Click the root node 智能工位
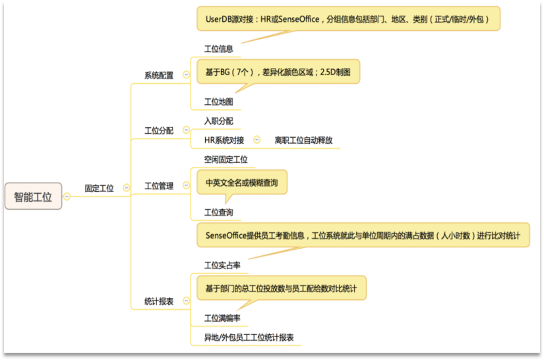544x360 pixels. tap(34, 196)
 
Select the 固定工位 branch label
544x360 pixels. tap(99, 189)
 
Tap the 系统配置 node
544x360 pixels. tap(159, 75)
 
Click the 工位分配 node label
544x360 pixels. tap(159, 131)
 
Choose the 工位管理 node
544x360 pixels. tap(159, 186)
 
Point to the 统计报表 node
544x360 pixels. tap(159, 301)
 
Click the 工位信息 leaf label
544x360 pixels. tap(218, 49)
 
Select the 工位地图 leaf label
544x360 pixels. tap(218, 102)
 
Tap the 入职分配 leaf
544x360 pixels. tap(218, 121)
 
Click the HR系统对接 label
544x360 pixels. tap(224, 140)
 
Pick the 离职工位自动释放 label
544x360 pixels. tap(303, 140)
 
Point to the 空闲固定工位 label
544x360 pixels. tap(226, 160)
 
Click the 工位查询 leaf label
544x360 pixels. tap(218, 212)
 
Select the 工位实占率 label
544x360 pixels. tap(222, 265)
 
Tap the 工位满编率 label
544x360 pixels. tap(222, 318)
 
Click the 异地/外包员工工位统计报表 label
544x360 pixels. tap(249, 338)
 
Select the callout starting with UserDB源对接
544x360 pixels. tap(348, 18)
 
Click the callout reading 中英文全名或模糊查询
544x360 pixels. tap(242, 183)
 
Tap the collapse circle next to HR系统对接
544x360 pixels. tap(257, 140)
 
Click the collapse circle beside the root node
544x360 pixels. tap(67, 196)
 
